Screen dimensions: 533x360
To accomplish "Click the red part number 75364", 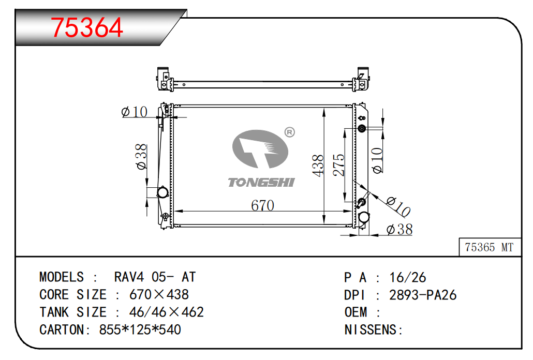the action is point(87,27).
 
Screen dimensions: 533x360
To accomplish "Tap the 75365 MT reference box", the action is point(490,247).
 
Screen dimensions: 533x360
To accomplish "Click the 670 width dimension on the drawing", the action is point(262,205).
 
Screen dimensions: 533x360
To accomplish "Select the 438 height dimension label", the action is point(318,166).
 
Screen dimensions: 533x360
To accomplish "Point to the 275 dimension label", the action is point(338,165).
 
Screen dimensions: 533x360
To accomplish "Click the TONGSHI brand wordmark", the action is point(261,183).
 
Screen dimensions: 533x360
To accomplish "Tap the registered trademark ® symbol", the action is point(289,132).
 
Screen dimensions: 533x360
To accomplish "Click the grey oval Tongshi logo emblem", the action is point(260,149).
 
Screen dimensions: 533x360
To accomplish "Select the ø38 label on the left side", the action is point(141,156).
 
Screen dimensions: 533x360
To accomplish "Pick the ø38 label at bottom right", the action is point(399,230).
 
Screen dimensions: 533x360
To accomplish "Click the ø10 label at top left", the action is point(134,111).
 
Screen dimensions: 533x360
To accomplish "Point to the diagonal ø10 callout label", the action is point(399,206).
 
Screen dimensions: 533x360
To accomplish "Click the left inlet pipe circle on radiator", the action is point(163,192).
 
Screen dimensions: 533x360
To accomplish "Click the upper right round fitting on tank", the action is point(362,128).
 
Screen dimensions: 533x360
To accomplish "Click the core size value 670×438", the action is point(159,294).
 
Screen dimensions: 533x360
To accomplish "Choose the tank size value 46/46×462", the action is point(166,312).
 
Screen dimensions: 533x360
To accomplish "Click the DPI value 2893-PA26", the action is point(423,295).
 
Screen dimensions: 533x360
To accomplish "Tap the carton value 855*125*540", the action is point(140,330).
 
